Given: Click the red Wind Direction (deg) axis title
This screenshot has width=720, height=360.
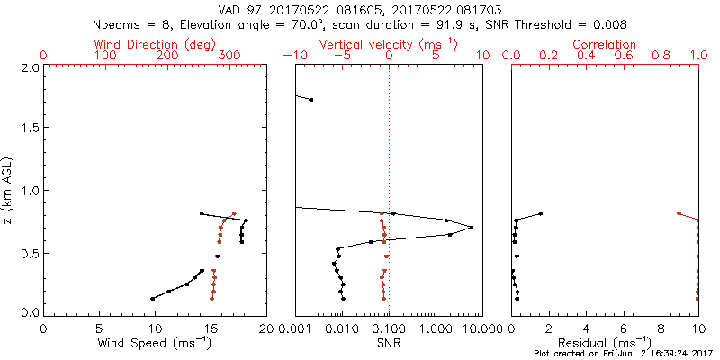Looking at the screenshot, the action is (x=155, y=45).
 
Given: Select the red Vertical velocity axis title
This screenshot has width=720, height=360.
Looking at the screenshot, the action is (x=389, y=45).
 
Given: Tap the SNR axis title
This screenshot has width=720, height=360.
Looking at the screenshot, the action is (x=389, y=343).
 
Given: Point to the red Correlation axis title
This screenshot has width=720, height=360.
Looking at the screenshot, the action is (x=604, y=44).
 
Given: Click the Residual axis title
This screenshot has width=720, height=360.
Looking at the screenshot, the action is (x=604, y=343).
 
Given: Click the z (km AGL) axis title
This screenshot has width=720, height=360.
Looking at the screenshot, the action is (x=9, y=190).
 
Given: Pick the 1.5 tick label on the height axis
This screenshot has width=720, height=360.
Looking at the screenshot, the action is (x=31, y=127).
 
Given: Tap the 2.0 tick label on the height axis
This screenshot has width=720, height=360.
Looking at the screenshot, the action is (x=31, y=65).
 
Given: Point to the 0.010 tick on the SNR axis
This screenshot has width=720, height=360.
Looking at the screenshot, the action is (x=342, y=328).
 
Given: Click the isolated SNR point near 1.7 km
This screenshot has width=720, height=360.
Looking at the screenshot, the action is (x=311, y=100).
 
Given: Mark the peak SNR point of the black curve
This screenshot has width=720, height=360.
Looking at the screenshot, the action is (x=472, y=228).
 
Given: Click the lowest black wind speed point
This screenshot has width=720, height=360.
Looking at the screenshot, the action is (x=152, y=299).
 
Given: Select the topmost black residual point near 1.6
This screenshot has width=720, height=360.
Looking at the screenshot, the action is (x=541, y=214).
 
